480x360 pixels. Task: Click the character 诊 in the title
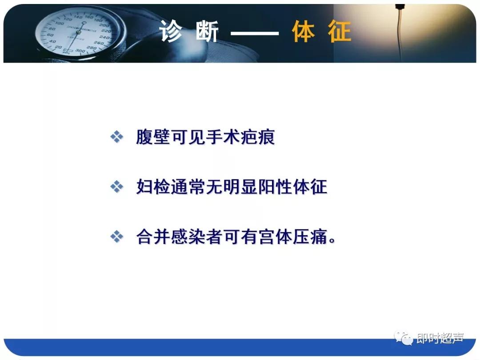[x=172, y=32]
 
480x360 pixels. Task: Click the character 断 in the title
[x=207, y=32]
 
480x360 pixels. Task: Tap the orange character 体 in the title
[x=304, y=32]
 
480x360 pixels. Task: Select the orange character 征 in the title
[x=340, y=32]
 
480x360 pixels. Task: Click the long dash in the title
[x=255, y=33]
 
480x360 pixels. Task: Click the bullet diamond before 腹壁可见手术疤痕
[x=116, y=137]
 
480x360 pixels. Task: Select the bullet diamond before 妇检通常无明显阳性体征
[x=116, y=187]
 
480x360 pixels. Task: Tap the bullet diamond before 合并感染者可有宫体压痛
[x=116, y=237]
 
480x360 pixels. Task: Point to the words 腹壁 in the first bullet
[x=153, y=137]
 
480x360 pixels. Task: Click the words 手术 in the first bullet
[x=223, y=137]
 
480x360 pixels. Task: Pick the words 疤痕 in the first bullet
[x=258, y=137]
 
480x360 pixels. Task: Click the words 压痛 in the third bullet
[x=310, y=237]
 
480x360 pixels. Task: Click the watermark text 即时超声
[x=440, y=339]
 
